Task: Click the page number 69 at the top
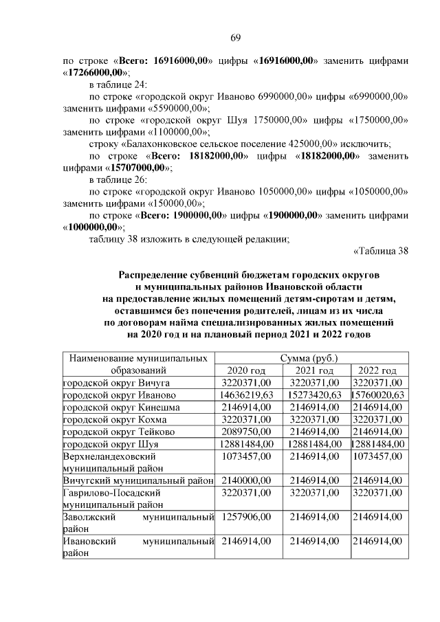pyautogui.click(x=235, y=37)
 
